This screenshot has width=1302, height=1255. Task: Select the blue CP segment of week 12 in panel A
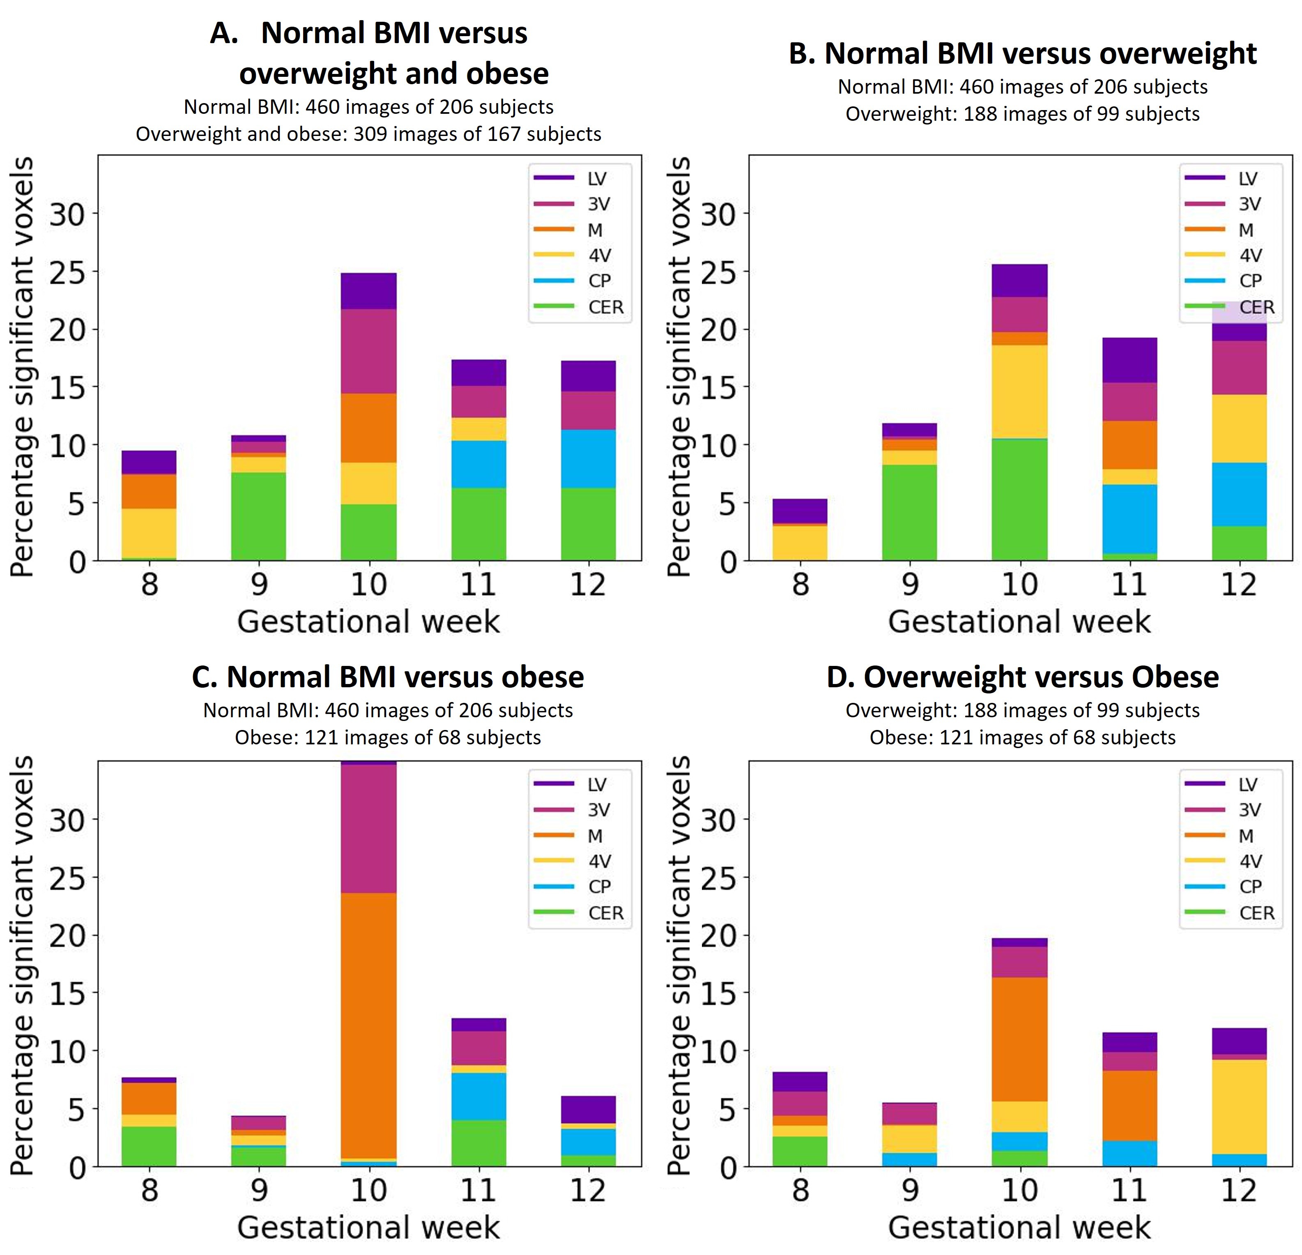tap(588, 458)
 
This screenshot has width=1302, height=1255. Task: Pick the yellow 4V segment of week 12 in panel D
tap(1239, 1106)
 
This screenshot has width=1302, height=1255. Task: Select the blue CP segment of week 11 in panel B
tap(1129, 518)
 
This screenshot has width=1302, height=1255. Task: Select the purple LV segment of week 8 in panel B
tap(800, 511)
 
